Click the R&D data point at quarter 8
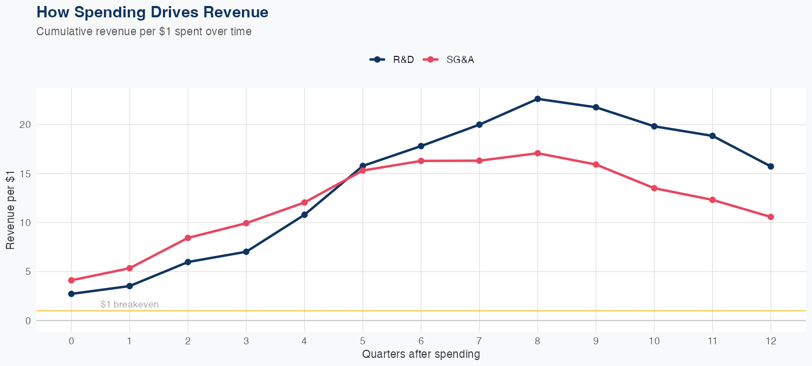538,99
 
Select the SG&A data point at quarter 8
538,153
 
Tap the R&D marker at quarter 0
71,294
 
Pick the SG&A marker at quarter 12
771,217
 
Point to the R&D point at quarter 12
771,166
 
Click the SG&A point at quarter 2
188,238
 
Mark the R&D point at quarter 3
246,252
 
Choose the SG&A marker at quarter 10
654,188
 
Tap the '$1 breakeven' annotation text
130,304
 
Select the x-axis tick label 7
479,341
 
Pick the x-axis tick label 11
712,341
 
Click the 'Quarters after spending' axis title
421,355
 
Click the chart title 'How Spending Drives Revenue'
152,12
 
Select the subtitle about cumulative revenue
144,31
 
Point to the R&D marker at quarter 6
421,146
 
